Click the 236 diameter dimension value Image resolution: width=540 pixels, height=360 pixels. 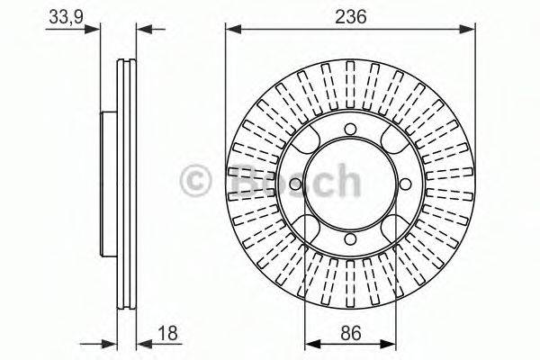click(x=351, y=16)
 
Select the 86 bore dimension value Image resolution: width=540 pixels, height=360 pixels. click(x=351, y=334)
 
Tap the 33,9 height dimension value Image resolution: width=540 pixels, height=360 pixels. click(x=66, y=17)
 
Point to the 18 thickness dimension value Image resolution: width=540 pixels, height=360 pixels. click(x=167, y=334)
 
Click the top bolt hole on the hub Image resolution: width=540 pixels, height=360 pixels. click(x=351, y=130)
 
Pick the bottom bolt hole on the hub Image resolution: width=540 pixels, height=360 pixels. click(x=351, y=238)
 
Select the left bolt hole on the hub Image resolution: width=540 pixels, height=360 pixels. click(x=296, y=184)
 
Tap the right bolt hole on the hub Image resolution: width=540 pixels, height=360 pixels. click(x=405, y=184)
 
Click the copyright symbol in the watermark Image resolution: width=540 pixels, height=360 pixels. click(x=195, y=180)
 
